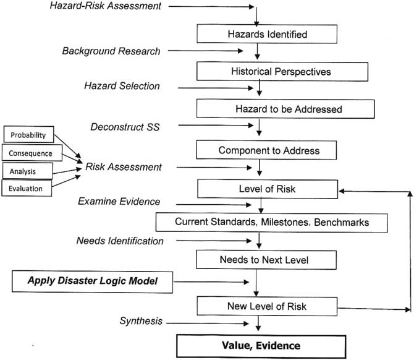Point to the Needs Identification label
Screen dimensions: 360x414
tap(120, 240)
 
